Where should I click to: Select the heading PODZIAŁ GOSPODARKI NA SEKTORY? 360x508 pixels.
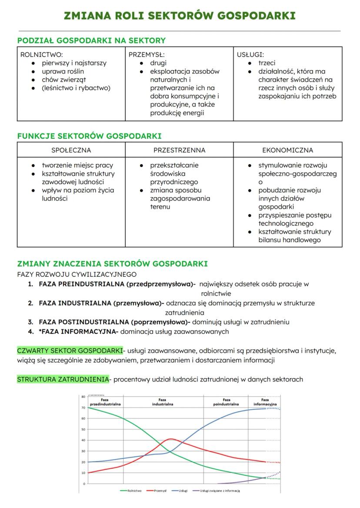(91, 40)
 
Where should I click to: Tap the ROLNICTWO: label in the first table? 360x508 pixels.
(42, 55)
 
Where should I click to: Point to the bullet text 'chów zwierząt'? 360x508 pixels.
(64, 80)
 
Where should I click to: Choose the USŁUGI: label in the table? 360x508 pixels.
(250, 55)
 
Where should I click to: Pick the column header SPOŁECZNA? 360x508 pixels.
(71, 150)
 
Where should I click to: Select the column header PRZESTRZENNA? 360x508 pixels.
(179, 150)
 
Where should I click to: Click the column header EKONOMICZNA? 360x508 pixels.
(287, 150)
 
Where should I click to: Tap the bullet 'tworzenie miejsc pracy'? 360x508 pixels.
(77, 165)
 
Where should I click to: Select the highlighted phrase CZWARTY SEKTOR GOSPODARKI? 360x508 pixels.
(70, 351)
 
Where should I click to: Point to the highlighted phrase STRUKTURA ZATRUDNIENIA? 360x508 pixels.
(63, 379)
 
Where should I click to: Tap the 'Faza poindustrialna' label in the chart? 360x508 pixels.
(226, 402)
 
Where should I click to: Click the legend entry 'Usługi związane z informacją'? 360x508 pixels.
(220, 491)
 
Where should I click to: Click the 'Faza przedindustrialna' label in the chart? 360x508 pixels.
(104, 402)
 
